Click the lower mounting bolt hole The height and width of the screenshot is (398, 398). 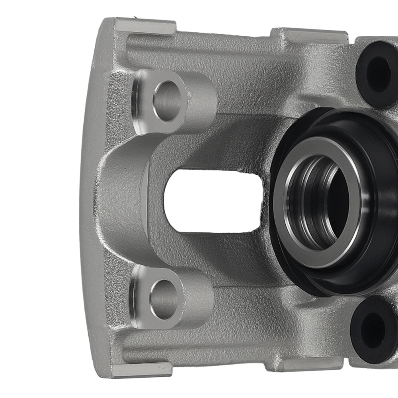pos(163,299)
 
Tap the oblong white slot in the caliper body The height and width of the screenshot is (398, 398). pos(213,201)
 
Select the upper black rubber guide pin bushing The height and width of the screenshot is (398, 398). pos(376,74)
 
